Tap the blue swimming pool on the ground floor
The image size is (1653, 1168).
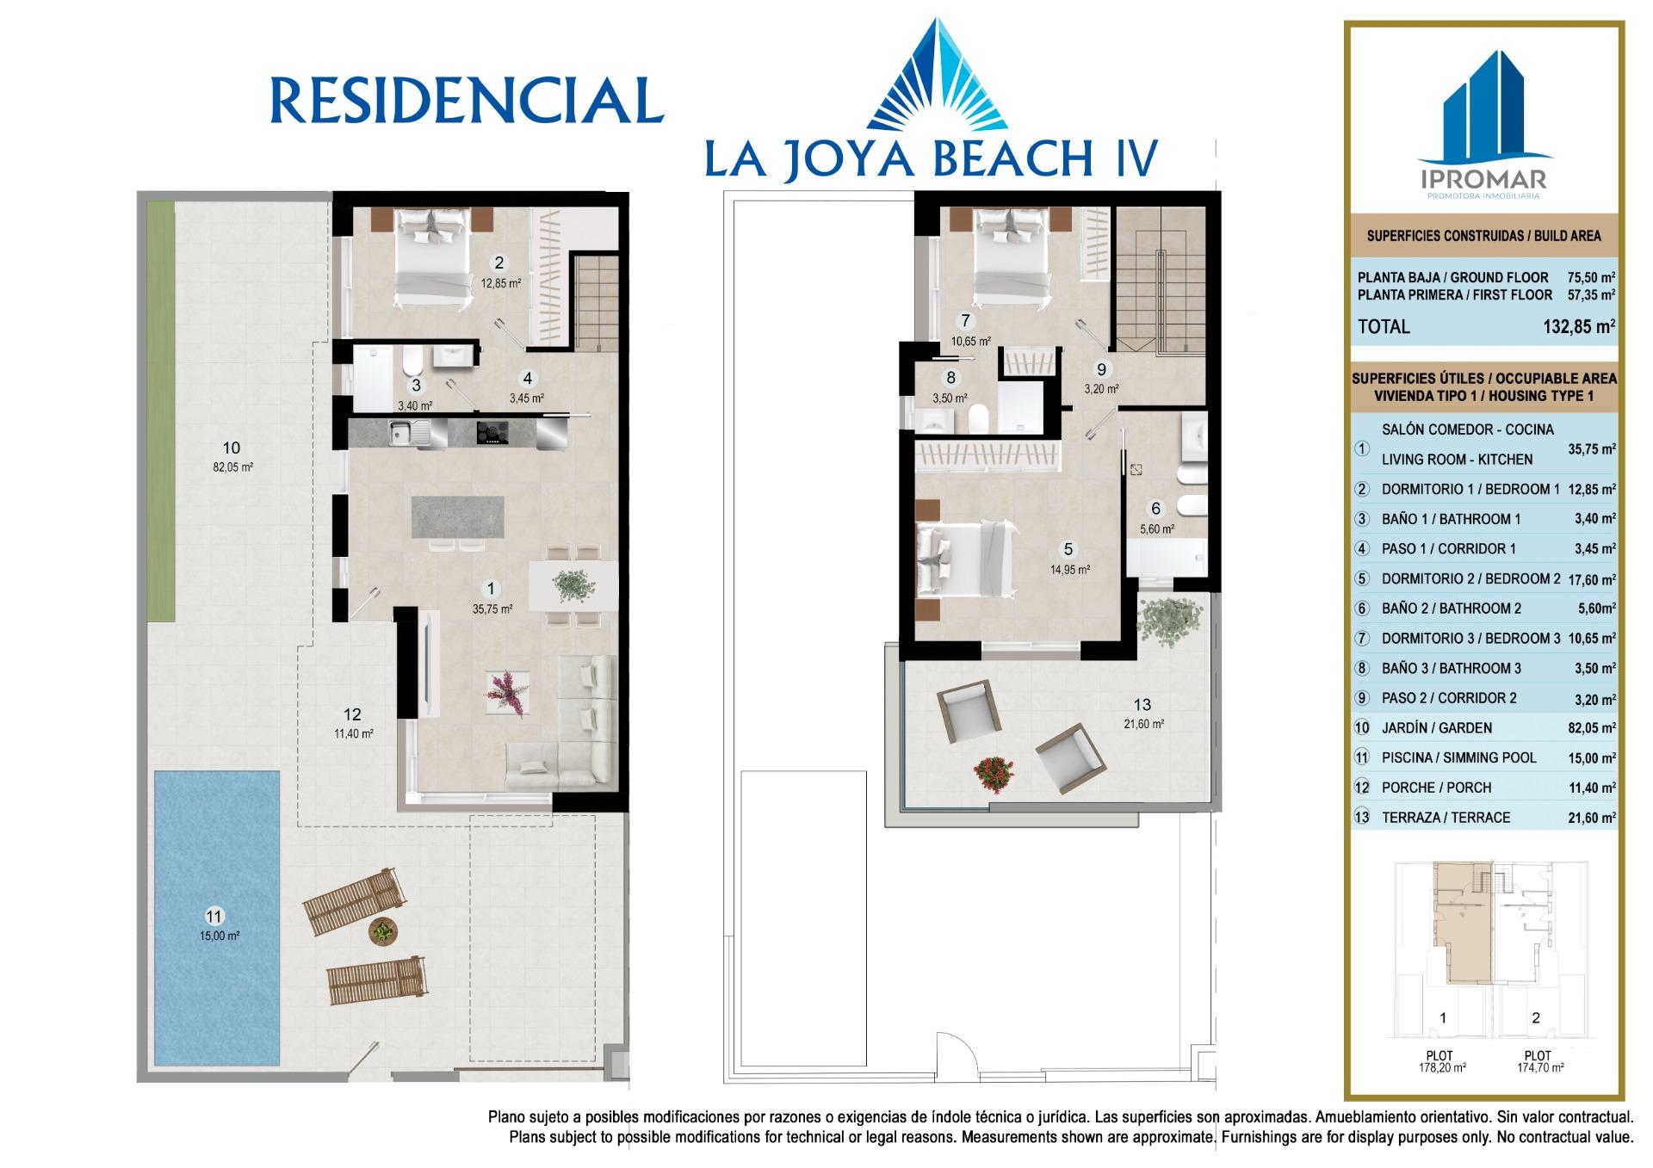click(217, 918)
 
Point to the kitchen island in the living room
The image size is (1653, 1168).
click(457, 516)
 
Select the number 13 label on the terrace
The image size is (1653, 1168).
click(1142, 704)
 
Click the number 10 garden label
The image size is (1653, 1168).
click(231, 448)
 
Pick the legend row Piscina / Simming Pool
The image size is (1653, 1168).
click(1484, 757)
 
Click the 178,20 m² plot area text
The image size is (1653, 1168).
click(1442, 1068)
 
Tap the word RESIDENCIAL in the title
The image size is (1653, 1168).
click(467, 101)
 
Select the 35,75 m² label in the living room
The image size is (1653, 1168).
click(492, 609)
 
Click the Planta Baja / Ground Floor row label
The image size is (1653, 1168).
click(1452, 277)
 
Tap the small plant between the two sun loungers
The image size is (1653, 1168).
click(381, 930)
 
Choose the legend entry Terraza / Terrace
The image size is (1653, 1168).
click(1484, 818)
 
